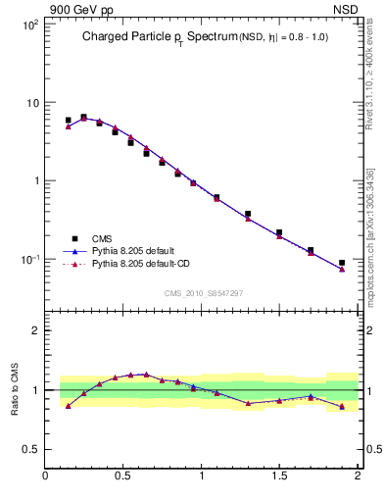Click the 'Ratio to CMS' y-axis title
[x=16, y=389]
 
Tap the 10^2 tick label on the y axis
[x=29, y=24]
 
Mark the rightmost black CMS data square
[x=342, y=263]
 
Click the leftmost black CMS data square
[x=68, y=121]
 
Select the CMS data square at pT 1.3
[x=248, y=214]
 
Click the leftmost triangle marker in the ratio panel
[x=68, y=405]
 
